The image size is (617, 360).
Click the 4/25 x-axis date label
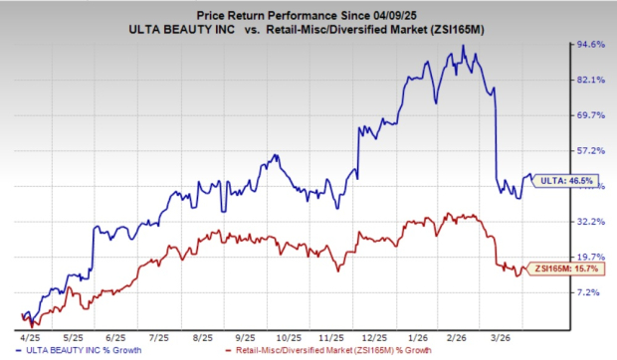pos(30,336)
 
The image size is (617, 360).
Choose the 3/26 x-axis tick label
pos(506,336)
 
